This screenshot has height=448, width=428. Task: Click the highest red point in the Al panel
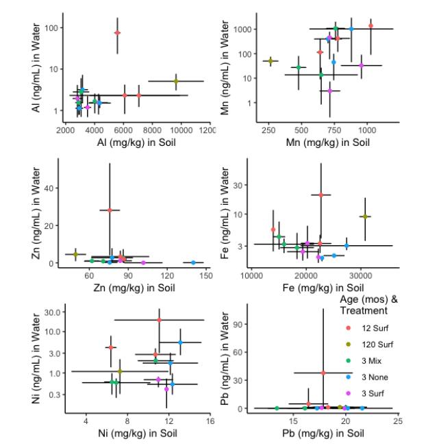point(117,32)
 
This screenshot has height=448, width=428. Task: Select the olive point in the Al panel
point(176,81)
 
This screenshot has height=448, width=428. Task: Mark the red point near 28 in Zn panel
point(110,210)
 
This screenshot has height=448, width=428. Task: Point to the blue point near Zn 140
point(193,262)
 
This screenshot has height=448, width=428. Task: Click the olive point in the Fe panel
point(365,216)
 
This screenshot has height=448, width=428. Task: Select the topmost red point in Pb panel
point(323,373)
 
